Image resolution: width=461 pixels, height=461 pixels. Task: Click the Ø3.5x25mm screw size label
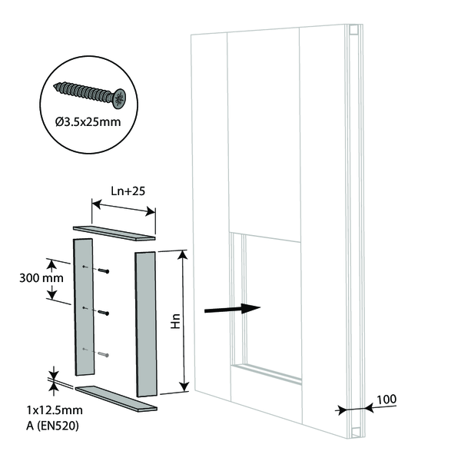coord(88,121)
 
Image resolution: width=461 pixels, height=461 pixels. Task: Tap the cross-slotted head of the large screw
coord(119,99)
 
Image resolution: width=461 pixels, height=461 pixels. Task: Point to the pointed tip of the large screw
coord(55,86)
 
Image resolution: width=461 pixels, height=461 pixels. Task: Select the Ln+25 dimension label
coord(128,191)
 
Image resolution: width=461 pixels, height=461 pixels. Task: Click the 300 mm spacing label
coord(41,278)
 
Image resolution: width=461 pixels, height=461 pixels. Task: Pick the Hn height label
coord(175,321)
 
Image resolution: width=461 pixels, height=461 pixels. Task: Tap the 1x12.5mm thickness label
coord(55,410)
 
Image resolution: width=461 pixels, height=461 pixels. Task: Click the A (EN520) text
coord(52,426)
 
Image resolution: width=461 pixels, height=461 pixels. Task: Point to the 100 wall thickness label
coord(386,400)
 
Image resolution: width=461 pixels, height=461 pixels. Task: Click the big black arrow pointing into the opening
coord(232,309)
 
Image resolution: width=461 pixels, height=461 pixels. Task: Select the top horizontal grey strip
coord(114,233)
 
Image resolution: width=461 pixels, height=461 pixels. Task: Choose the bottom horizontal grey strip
coord(116,398)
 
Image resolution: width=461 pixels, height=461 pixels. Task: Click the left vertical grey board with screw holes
coord(84,307)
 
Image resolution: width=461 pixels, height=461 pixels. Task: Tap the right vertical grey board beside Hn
coord(146,324)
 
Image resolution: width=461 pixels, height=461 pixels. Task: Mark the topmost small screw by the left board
coord(104,270)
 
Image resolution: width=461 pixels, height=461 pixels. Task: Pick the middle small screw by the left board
coord(104,313)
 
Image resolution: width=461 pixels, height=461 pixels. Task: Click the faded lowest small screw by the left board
coord(104,354)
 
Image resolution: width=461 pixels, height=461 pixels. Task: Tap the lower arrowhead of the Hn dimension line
coord(184,386)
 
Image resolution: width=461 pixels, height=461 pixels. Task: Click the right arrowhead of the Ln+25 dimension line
coord(151,211)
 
